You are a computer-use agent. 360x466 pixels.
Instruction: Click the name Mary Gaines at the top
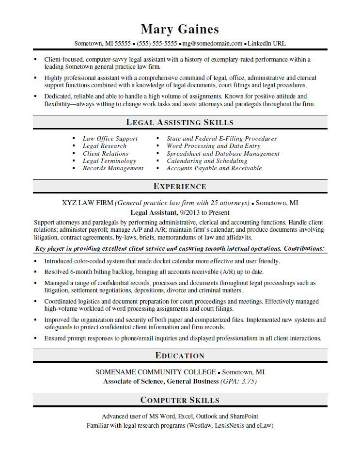pos(180,30)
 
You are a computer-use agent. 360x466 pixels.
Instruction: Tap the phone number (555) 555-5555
pos(157,44)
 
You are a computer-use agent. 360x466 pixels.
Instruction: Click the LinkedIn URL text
pos(266,44)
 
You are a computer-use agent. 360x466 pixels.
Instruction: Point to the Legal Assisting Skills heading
pos(180,123)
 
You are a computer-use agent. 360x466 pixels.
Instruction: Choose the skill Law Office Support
pos(110,139)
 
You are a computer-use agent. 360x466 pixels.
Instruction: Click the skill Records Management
pos(113,168)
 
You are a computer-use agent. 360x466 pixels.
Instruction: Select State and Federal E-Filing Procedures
pos(221,139)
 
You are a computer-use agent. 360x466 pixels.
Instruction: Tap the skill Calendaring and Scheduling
pos(207,161)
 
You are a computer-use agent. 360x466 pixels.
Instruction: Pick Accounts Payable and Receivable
pos(214,168)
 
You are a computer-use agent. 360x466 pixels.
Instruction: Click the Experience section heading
pos(180,186)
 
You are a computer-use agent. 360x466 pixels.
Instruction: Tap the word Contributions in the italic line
pos(303,248)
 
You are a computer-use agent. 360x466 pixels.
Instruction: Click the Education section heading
pos(180,355)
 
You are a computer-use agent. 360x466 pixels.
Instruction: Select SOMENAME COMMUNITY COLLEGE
pos(156,372)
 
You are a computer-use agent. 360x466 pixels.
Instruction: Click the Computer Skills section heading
pos(180,400)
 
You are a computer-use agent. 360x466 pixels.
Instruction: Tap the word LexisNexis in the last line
pos(227,425)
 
